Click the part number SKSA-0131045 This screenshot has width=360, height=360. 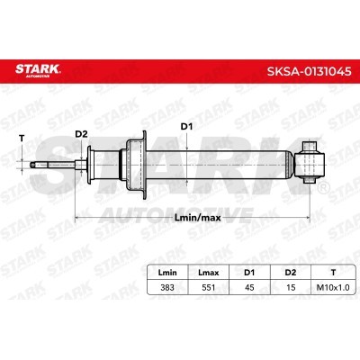(x=309, y=71)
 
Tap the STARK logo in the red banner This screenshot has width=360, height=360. (x=38, y=70)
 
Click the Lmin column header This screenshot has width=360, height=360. (x=167, y=273)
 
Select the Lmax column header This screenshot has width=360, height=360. (x=209, y=273)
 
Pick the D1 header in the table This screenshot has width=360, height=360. (x=249, y=273)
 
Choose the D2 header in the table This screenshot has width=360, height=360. (x=291, y=273)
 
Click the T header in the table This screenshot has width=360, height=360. (x=333, y=273)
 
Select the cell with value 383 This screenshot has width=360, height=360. (x=167, y=287)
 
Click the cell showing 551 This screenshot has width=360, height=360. (x=209, y=287)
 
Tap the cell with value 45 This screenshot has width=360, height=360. (x=249, y=287)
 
